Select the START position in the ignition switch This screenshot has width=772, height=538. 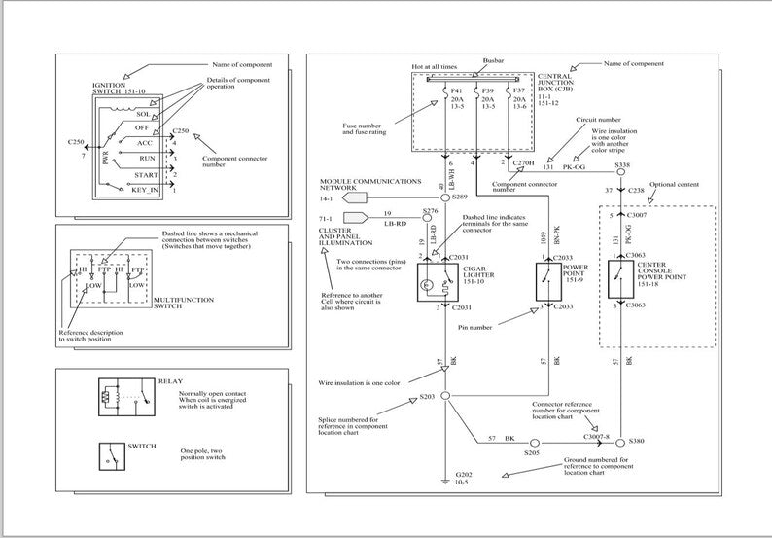[146, 173]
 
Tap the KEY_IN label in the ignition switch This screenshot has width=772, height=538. [145, 190]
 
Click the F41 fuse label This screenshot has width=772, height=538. [458, 90]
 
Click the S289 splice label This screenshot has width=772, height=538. [461, 197]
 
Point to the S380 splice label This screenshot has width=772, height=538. [636, 441]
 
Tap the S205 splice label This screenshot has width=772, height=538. [532, 453]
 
